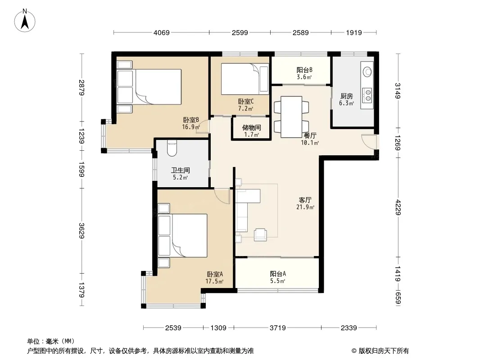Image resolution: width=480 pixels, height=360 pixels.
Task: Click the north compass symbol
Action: tap(25, 21)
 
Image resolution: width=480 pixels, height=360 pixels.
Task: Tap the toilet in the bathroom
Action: tap(172, 148)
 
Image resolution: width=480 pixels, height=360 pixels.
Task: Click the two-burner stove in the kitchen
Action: tap(367, 95)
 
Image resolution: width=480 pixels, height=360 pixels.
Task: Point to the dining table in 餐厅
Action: tap(291, 117)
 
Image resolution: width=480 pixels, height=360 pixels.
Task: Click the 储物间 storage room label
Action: tap(251, 127)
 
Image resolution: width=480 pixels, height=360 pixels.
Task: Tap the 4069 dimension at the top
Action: tap(161, 32)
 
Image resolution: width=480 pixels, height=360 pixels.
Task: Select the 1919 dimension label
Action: tap(354, 32)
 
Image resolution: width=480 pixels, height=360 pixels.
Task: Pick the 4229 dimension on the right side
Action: tap(398, 207)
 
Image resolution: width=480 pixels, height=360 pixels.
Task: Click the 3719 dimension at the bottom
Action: tap(278, 328)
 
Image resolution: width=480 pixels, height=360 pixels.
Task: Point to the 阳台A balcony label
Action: tap(278, 274)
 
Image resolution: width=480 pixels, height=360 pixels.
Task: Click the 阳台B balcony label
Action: tap(304, 70)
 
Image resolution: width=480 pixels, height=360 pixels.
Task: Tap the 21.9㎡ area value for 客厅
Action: tap(305, 207)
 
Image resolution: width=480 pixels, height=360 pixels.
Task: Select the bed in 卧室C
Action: tap(245, 79)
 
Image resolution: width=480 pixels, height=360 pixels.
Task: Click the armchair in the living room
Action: tap(260, 234)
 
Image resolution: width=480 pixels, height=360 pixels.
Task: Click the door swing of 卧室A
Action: tap(222, 196)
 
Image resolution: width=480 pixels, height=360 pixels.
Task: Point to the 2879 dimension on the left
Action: tap(82, 87)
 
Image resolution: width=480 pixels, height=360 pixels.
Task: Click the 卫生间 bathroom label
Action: tap(180, 170)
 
